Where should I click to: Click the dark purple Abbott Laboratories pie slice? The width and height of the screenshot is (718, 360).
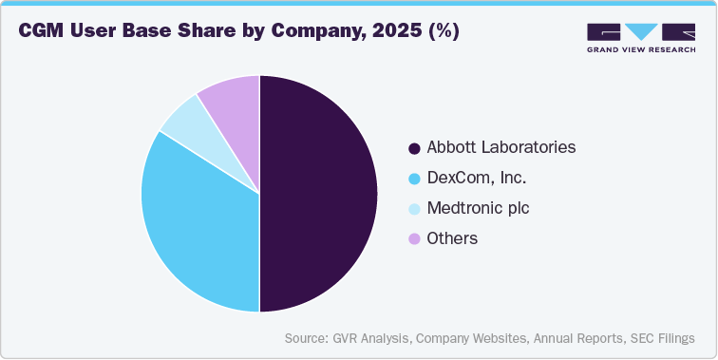pos(318,194)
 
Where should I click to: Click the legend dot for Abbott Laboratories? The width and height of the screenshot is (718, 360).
pos(414,148)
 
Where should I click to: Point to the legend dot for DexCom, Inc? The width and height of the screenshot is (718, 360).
pos(414,179)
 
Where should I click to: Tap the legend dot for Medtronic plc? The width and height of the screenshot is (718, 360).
pos(414,209)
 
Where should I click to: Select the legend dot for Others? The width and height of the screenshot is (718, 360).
pos(414,239)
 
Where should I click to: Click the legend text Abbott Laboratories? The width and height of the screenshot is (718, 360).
pos(501,148)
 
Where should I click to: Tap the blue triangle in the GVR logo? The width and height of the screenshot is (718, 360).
pos(642,30)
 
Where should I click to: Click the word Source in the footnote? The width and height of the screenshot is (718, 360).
pos(308,338)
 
